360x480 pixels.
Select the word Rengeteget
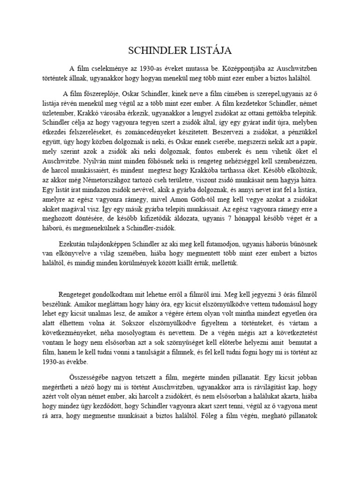[76, 294]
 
